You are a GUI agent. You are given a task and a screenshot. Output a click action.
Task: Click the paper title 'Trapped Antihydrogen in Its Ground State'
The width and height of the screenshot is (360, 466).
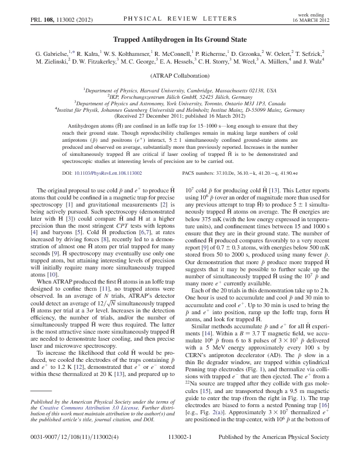pos(179,36)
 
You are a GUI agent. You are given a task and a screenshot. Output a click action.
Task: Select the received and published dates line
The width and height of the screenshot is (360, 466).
pos(179,114)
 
